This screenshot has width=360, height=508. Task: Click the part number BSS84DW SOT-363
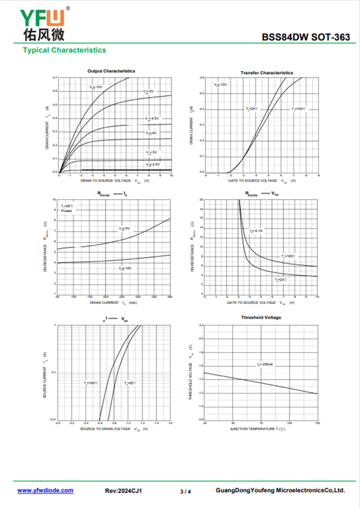point(306,38)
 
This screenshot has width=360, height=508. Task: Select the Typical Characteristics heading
point(64,50)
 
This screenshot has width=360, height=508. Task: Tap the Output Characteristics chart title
point(111,71)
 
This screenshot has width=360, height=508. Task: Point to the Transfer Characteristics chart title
point(266,72)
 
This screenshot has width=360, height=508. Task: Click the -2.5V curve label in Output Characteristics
point(153,165)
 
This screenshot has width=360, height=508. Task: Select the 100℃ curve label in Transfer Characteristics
point(299,109)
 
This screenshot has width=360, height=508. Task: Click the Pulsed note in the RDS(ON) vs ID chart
point(67,210)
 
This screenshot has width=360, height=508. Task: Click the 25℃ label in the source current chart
point(130,383)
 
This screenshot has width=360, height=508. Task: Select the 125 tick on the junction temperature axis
point(317,423)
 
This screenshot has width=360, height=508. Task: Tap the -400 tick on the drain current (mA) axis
point(170,297)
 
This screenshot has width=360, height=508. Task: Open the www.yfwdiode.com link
point(45,490)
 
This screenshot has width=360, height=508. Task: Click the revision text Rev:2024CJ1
point(124,491)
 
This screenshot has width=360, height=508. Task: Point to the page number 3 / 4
point(185,491)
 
